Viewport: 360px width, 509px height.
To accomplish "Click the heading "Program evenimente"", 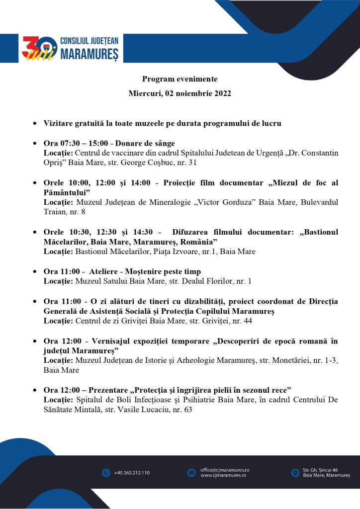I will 180,79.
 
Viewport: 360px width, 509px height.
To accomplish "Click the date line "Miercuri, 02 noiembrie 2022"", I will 180,93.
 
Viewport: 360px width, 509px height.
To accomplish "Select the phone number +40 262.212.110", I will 131,473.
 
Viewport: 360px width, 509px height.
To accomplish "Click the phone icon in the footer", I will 106,473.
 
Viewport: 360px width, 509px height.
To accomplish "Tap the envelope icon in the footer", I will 191,473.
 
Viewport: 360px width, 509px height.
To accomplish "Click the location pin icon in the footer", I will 295,473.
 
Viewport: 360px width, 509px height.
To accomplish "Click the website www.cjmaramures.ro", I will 224,476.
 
